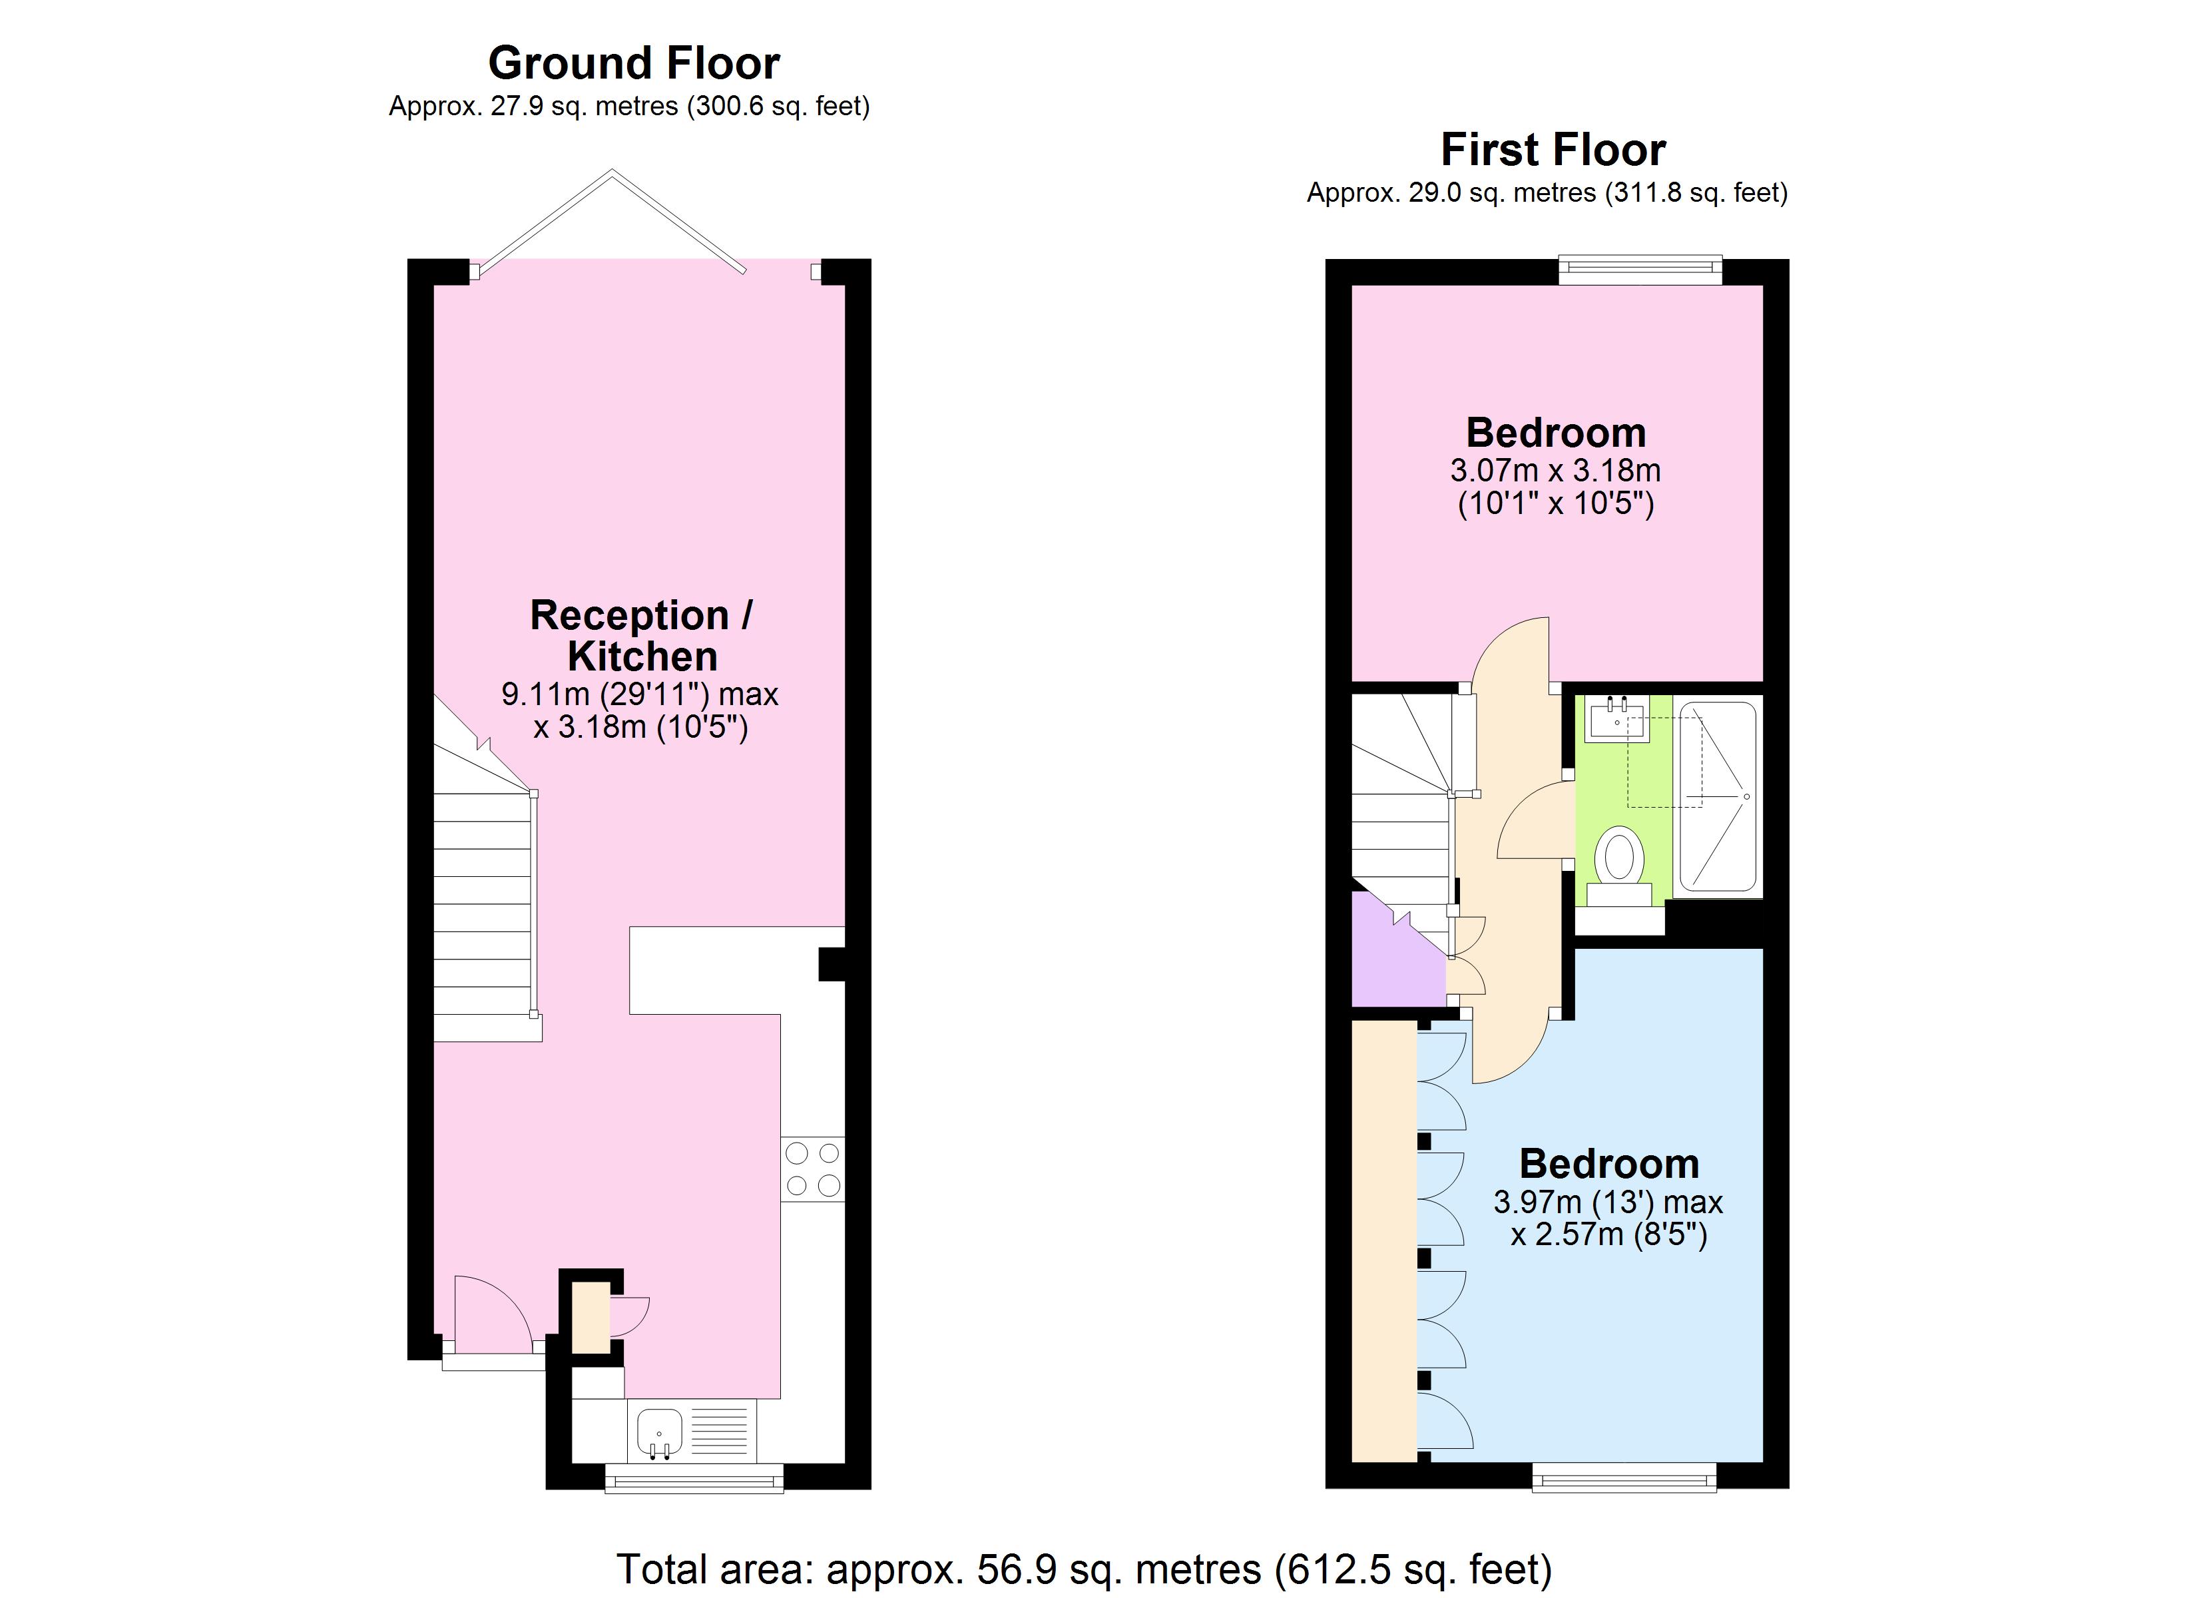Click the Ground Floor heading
point(634,64)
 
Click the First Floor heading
point(1553,150)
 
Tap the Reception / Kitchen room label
point(641,636)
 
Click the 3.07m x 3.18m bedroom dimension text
point(1555,471)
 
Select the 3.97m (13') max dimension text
point(1608,1202)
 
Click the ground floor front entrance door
point(492,1319)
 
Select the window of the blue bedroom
point(1624,1477)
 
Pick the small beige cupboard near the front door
point(589,1316)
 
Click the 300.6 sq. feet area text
point(778,107)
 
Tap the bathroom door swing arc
point(1535,819)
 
